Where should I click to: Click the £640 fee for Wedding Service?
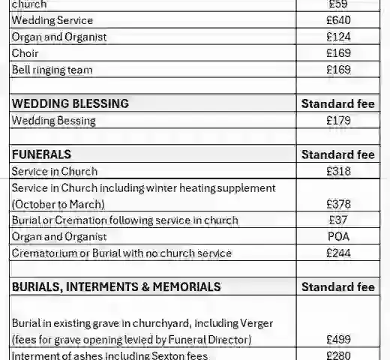(x=338, y=20)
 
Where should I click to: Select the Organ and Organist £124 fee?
(x=338, y=37)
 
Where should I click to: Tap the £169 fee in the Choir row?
(x=338, y=53)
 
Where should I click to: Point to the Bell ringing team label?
(x=52, y=70)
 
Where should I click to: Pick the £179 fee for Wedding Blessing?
(x=338, y=120)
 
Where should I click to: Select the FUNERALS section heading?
(x=42, y=154)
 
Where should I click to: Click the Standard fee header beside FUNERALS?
(x=337, y=154)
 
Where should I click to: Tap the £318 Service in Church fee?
(x=338, y=172)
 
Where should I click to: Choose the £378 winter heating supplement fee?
(x=338, y=203)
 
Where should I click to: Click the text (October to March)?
(x=58, y=204)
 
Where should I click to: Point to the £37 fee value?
(x=338, y=220)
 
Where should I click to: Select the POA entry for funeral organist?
(x=338, y=236)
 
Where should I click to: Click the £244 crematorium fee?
(x=338, y=253)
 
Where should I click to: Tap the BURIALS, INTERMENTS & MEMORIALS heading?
(x=116, y=286)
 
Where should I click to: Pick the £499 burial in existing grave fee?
(x=338, y=340)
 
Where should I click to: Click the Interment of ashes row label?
(x=109, y=355)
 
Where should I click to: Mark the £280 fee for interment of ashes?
(x=338, y=355)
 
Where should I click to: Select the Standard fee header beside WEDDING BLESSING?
(x=337, y=103)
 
